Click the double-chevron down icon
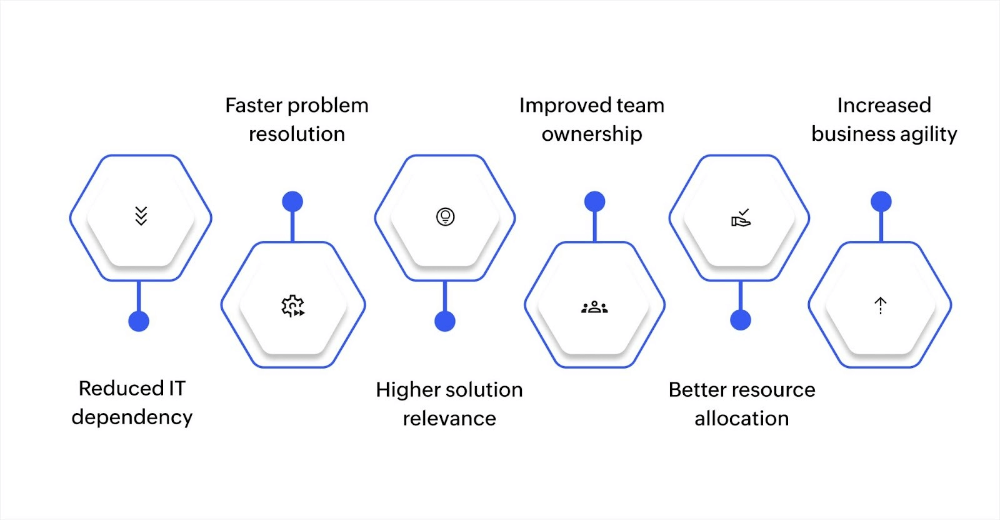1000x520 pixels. [x=141, y=216]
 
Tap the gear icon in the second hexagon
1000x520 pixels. [x=292, y=306]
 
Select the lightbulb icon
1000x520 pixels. [x=445, y=217]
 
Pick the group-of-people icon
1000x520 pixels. [x=594, y=307]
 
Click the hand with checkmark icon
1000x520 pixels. [x=741, y=218]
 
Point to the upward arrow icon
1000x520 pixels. [x=881, y=305]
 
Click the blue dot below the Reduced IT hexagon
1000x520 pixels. [x=139, y=321]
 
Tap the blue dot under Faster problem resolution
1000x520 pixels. [x=292, y=201]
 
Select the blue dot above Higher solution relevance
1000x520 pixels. [x=445, y=321]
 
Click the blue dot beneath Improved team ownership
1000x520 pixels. [x=594, y=201]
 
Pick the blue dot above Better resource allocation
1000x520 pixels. [x=741, y=320]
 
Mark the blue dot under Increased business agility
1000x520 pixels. [x=881, y=201]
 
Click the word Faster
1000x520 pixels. [x=253, y=106]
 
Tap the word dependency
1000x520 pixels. [x=132, y=417]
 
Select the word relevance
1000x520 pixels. [x=449, y=419]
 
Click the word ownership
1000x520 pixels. [x=592, y=135]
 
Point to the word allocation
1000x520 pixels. [x=742, y=419]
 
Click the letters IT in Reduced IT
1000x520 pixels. [x=177, y=389]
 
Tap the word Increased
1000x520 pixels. [x=884, y=106]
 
